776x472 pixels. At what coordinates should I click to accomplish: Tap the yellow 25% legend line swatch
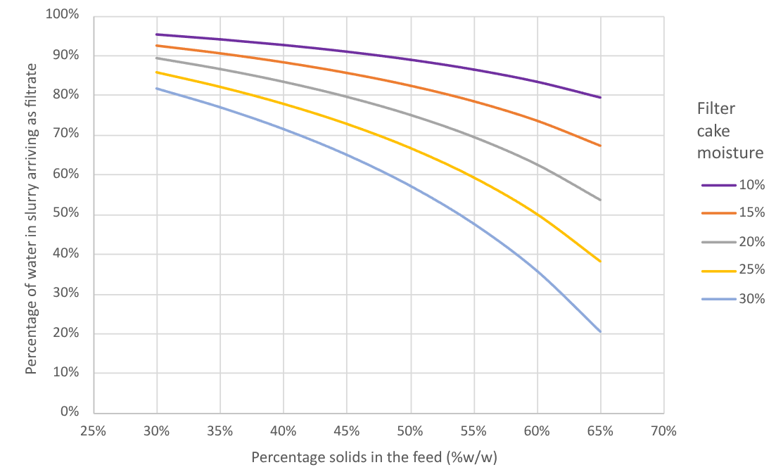pos(718,270)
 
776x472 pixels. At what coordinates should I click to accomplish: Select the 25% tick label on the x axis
pos(94,430)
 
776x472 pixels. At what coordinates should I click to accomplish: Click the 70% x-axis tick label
pos(663,430)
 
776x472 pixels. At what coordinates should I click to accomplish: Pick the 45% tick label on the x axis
pos(347,430)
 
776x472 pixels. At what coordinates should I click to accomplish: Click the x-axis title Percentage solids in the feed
pos(374,458)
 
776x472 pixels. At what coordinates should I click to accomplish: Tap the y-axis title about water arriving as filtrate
pos(31,218)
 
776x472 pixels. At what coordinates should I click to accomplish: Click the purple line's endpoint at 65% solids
pos(600,97)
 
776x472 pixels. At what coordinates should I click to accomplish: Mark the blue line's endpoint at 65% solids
pos(600,331)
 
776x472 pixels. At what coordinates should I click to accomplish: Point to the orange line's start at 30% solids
pos(157,46)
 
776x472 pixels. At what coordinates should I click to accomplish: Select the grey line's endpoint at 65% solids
pos(600,200)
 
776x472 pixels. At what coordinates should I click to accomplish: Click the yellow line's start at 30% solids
pos(157,72)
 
